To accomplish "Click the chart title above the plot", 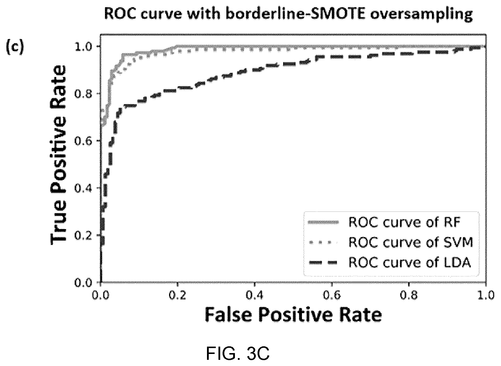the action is tap(288, 14).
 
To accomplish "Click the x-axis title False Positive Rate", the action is tap(293, 315).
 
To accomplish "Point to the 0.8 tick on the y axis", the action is tap(83, 94).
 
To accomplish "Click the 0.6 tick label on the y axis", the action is tap(83, 141).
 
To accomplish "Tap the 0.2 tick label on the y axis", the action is tap(83, 236).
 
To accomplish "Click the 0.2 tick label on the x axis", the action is tap(177, 296).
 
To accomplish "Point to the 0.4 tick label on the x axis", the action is tap(255, 296).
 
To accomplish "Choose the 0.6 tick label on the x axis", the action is tap(332, 296).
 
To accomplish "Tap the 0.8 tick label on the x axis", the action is tap(409, 296).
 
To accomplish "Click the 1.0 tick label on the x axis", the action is tap(486, 296).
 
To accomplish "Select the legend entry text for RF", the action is tap(404, 222).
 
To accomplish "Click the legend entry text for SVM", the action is tap(411, 242).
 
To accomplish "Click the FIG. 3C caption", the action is tap(238, 353).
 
